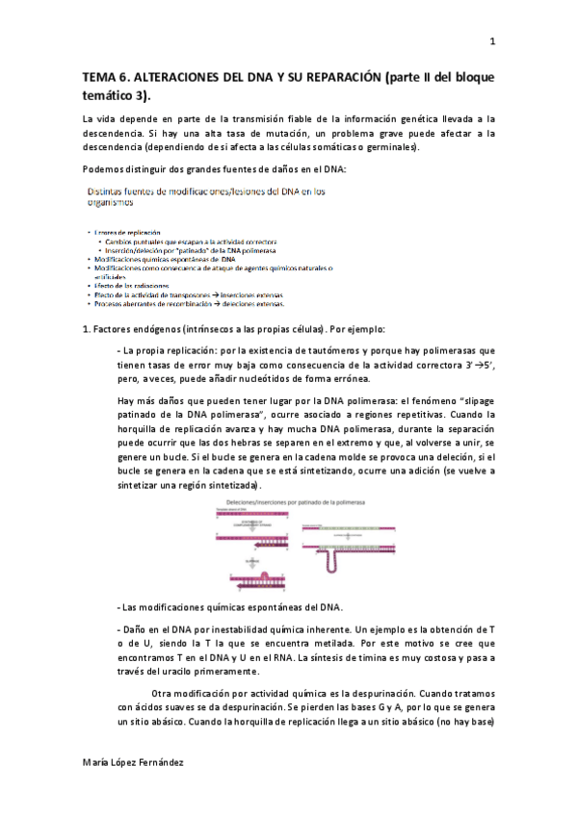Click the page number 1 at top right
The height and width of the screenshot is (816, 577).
click(x=492, y=41)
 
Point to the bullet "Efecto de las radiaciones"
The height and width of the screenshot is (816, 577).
click(x=132, y=287)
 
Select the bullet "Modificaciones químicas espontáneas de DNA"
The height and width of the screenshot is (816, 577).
click(x=166, y=260)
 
